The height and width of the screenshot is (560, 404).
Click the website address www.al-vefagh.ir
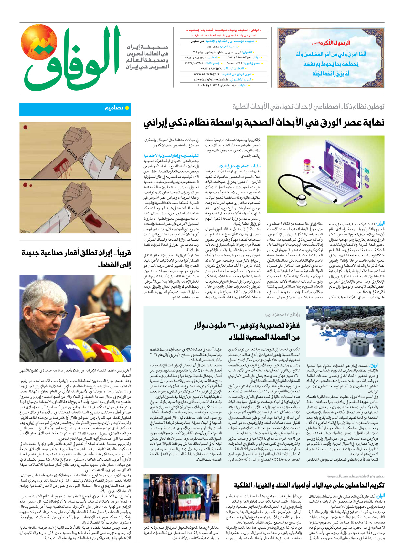point(207,74)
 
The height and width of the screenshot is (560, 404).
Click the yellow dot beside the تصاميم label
point(127,108)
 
